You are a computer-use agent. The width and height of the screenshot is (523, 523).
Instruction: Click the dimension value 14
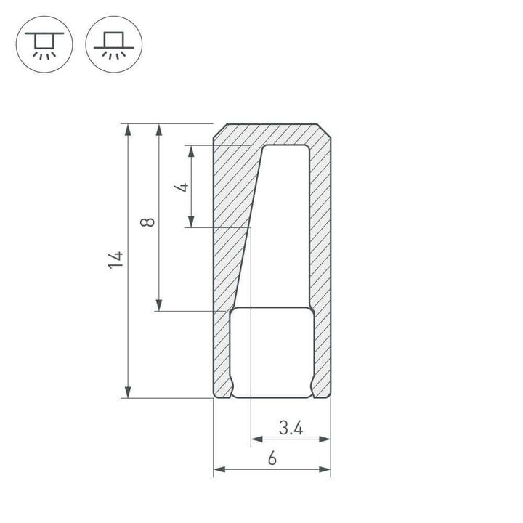pyautogui.click(x=116, y=261)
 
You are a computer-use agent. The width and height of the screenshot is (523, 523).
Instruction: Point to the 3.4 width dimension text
pyautogui.click(x=291, y=429)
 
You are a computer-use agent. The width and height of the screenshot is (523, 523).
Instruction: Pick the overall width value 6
pyautogui.click(x=272, y=459)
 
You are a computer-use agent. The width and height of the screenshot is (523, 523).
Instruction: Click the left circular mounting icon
pyautogui.click(x=44, y=44)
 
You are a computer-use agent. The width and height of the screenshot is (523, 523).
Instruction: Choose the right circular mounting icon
pyautogui.click(x=114, y=44)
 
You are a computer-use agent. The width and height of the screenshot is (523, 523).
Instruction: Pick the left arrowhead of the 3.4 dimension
pyautogui.click(x=256, y=439)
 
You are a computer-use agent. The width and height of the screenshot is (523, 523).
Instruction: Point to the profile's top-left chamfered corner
pyautogui.click(x=217, y=131)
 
